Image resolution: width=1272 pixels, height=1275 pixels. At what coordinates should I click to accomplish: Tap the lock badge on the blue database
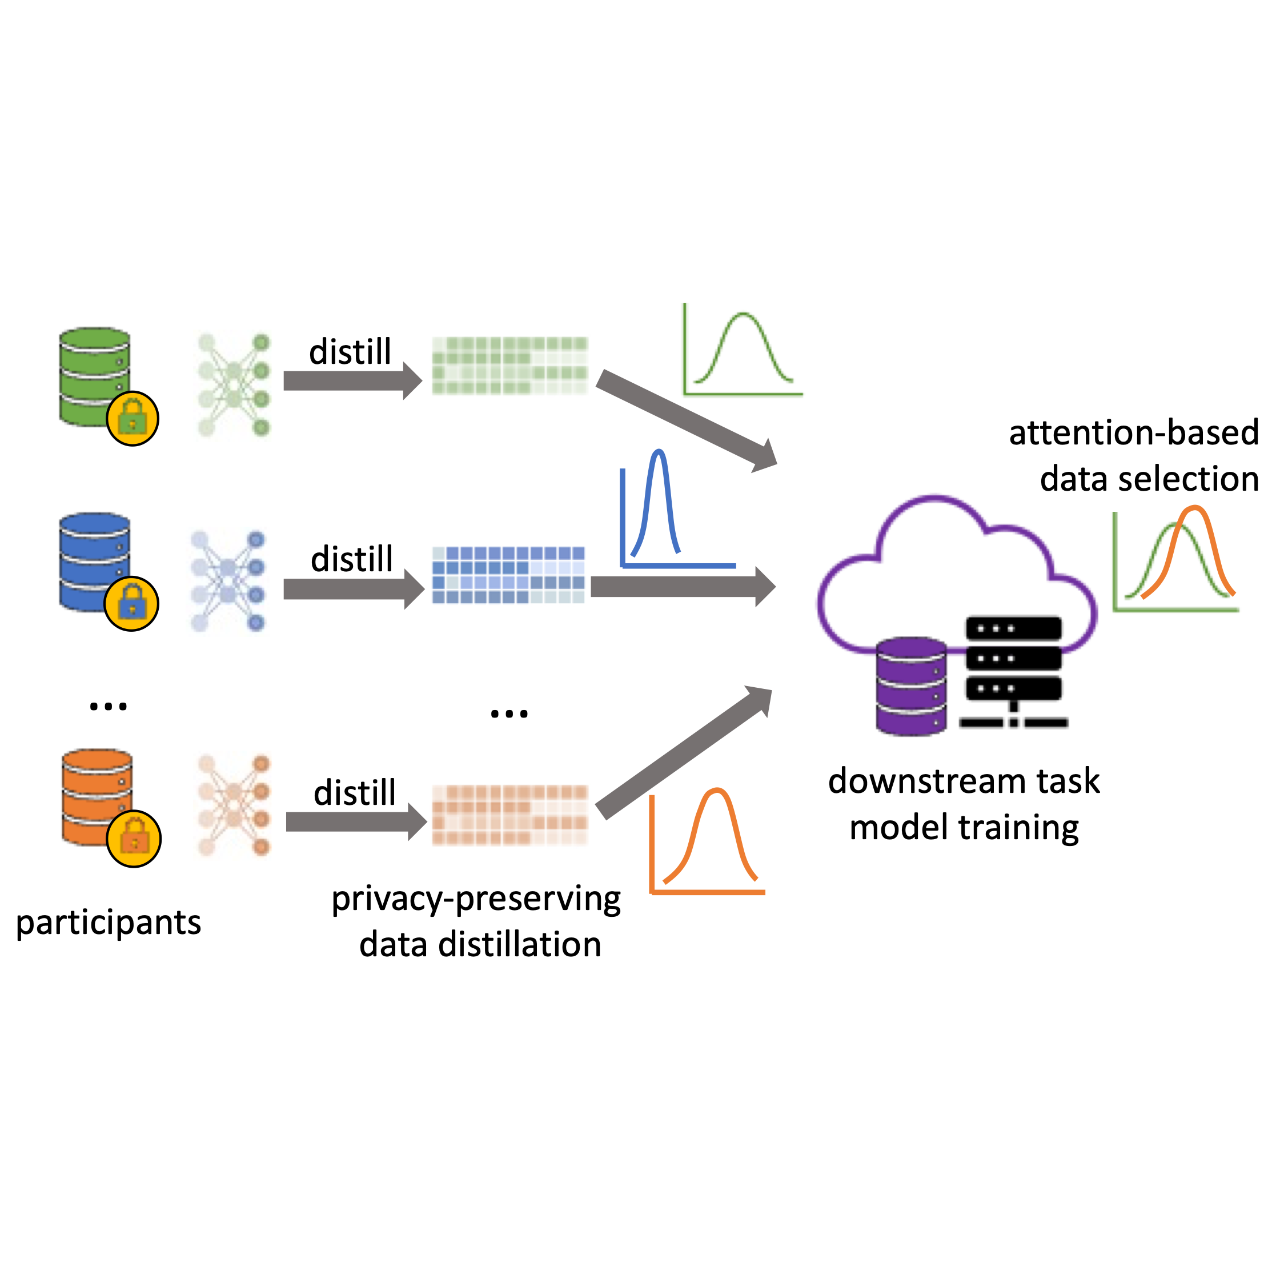pyautogui.click(x=131, y=603)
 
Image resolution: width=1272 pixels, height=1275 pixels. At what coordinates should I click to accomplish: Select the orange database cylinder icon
pyautogui.click(x=95, y=795)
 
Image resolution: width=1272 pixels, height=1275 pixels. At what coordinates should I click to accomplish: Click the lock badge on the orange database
pyautogui.click(x=133, y=838)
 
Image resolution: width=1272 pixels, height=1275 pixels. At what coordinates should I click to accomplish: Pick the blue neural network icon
pyautogui.click(x=228, y=581)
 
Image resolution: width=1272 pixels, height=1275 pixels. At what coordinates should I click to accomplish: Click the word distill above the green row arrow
pyautogui.click(x=350, y=351)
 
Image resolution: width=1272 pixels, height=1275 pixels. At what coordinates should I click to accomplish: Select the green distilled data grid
pyautogui.click(x=509, y=366)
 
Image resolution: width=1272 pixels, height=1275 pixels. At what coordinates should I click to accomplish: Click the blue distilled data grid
pyautogui.click(x=508, y=575)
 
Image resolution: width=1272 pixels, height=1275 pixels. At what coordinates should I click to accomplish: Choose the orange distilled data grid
pyautogui.click(x=509, y=815)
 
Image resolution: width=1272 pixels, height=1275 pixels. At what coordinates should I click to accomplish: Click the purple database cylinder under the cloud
pyautogui.click(x=910, y=686)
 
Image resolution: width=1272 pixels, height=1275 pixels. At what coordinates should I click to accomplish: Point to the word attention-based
pyautogui.click(x=1133, y=433)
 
